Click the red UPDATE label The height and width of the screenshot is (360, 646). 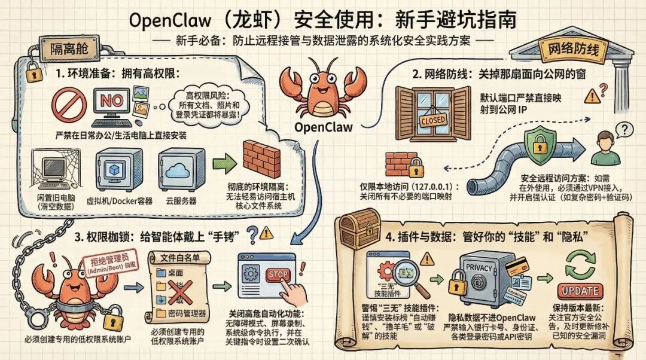tap(578, 291)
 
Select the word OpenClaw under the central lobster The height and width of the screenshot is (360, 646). tap(324, 127)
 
